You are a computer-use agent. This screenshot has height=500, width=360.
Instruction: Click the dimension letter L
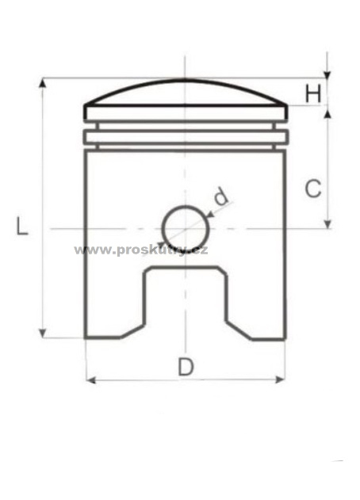(x=22, y=226)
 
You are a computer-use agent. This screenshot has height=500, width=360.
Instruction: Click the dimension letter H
(x=313, y=94)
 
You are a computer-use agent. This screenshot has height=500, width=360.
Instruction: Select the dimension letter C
(x=313, y=189)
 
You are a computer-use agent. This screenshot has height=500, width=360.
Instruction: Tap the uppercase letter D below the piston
(x=186, y=367)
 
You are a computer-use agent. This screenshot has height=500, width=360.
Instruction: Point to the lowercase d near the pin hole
(x=221, y=196)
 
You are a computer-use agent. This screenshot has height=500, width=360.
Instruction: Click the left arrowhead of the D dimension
(x=91, y=380)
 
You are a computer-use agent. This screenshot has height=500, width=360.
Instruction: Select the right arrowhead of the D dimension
(x=280, y=380)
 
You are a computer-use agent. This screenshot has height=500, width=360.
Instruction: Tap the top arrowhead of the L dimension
(x=42, y=82)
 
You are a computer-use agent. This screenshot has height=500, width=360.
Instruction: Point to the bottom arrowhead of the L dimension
(x=42, y=334)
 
